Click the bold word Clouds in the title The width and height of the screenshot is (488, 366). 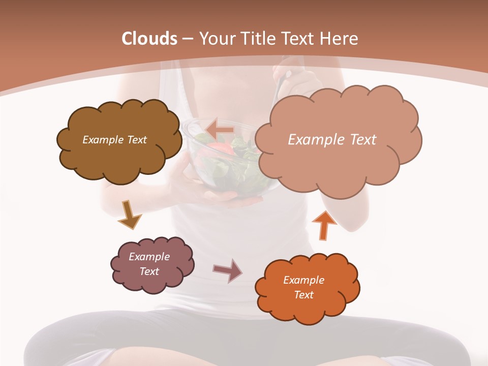click(149, 39)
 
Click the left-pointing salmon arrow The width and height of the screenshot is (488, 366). click(219, 130)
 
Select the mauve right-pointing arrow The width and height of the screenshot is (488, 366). click(228, 270)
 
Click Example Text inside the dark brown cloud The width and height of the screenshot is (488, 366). click(114, 140)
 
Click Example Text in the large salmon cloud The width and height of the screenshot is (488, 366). click(332, 140)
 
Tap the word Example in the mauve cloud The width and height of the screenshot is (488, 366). click(149, 257)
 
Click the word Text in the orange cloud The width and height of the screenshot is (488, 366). click(303, 295)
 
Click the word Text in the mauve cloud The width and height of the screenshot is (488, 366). click(149, 271)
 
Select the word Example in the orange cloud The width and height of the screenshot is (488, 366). click(303, 280)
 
